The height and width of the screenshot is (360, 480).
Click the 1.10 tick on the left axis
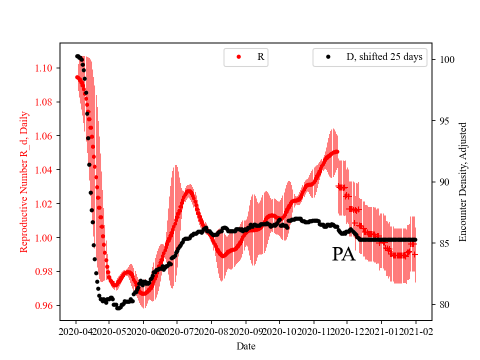(x=43, y=68)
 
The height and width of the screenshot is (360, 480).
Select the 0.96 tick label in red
(x=43, y=305)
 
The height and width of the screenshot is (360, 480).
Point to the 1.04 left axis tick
(x=43, y=170)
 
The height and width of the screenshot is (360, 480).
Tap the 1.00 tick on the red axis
(x=43, y=238)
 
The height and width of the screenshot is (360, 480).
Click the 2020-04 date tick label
(x=75, y=331)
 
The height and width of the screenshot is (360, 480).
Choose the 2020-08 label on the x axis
(x=211, y=331)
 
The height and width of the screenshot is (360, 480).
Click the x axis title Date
(x=245, y=345)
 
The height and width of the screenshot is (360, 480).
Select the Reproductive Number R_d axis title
(x=23, y=181)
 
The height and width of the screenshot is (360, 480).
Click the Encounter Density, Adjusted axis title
(x=462, y=181)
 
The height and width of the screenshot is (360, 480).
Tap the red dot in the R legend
(x=238, y=57)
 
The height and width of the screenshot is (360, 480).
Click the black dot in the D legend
(x=328, y=57)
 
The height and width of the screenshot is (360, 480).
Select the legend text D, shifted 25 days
(x=384, y=57)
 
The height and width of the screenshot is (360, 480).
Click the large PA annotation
(x=343, y=254)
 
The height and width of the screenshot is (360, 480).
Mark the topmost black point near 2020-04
(x=77, y=56)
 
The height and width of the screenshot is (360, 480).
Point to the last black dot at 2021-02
(x=415, y=240)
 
